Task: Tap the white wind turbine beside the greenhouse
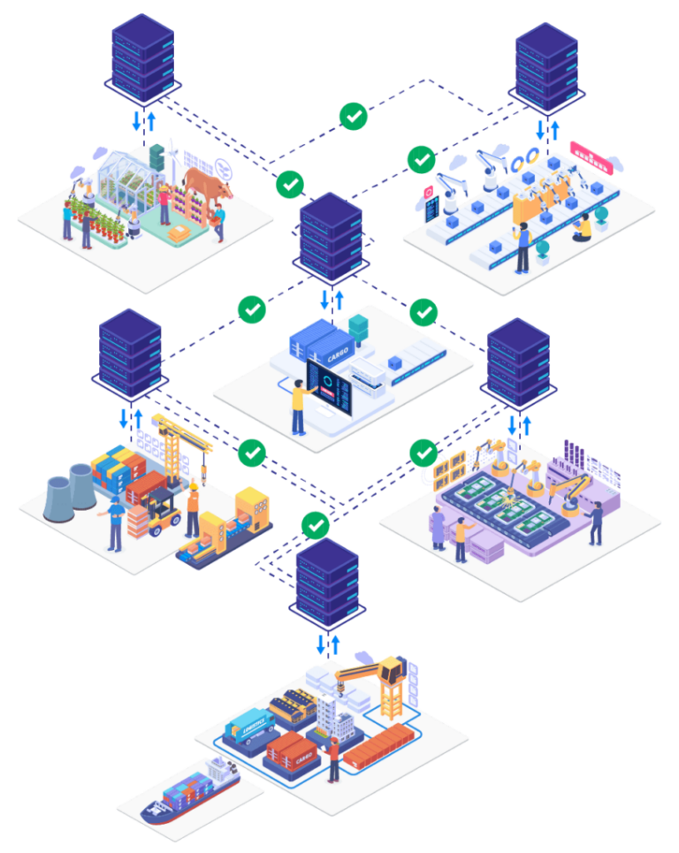click(x=173, y=159)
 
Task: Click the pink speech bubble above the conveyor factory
click(x=591, y=157)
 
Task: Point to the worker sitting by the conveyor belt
click(x=583, y=228)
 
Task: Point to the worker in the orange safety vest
click(x=192, y=509)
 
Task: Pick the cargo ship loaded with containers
click(x=190, y=790)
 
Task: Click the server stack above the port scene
click(x=327, y=583)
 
